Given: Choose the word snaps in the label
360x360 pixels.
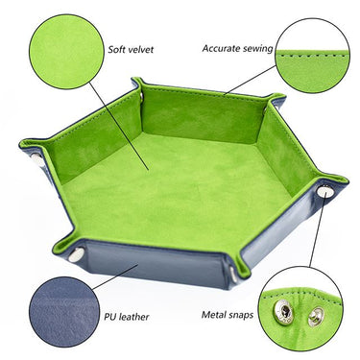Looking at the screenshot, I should (246, 314).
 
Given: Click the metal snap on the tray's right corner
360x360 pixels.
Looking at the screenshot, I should (325, 192).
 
